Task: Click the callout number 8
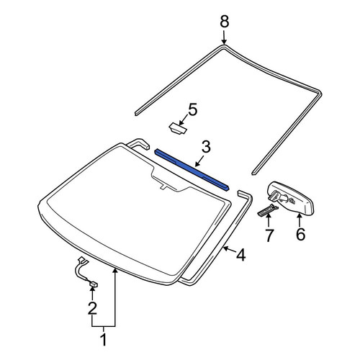pos(225,22)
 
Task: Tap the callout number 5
pos(193,109)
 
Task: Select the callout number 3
pos(206,147)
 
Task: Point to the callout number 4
pos(240,255)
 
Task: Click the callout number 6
pos(300,234)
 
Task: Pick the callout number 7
pos(269,235)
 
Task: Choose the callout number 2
pos(92,308)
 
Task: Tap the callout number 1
pos(104,340)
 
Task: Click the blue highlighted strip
pos(192,169)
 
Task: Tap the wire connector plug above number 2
pos(94,284)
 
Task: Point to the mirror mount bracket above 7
pos(267,210)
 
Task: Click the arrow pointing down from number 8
pos(224,37)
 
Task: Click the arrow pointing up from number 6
pos(300,220)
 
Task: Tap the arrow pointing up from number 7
pos(269,221)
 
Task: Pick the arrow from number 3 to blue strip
pos(199,161)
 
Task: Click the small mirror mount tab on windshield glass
pos(163,187)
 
